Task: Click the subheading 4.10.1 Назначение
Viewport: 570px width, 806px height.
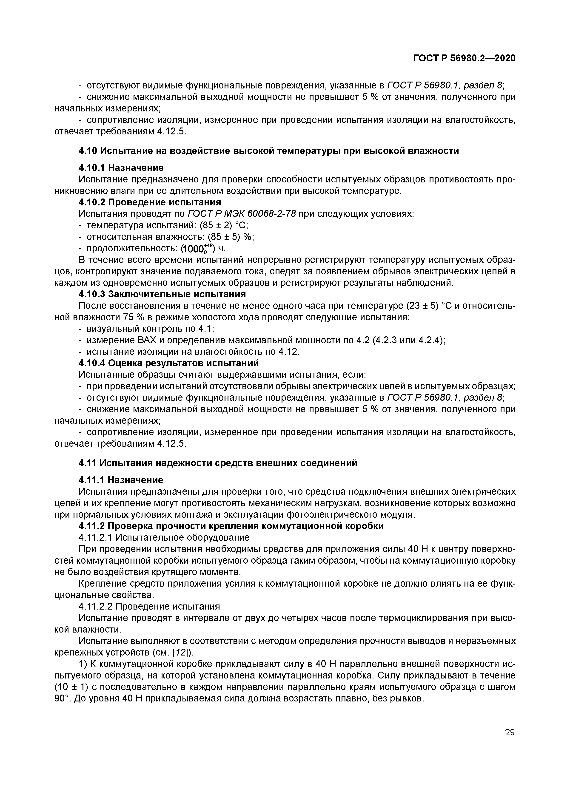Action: pos(121,168)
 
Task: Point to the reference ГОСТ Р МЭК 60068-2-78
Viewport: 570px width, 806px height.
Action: pos(242,214)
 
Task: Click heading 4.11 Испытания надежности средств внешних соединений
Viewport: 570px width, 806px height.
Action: pos(218,463)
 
